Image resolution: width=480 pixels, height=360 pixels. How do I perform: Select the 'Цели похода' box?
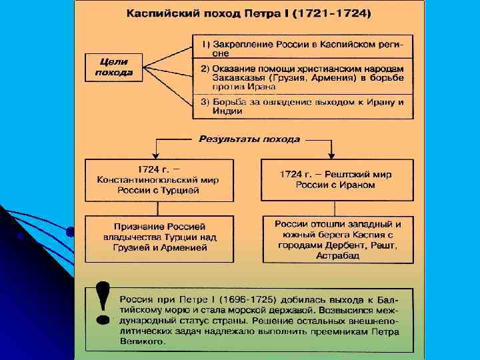tap(113, 67)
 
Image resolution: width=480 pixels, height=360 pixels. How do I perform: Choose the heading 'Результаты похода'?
tap(249, 139)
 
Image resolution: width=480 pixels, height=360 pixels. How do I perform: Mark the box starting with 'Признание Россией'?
tap(155, 237)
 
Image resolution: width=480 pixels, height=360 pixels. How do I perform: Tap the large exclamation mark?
tap(103, 303)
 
